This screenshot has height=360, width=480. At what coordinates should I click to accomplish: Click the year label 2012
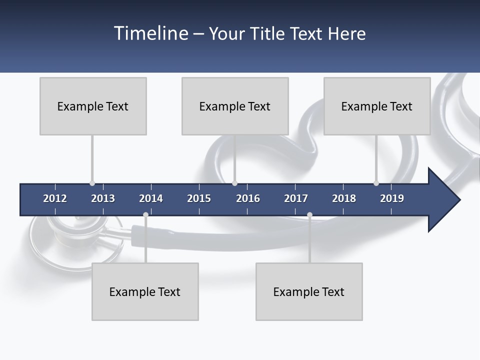(x=55, y=198)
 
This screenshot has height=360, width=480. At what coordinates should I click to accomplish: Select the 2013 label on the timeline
(x=103, y=198)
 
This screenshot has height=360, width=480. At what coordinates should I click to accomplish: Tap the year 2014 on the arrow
(x=151, y=198)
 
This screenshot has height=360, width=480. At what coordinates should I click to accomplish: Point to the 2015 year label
(x=199, y=198)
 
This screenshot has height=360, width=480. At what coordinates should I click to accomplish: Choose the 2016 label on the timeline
(x=248, y=198)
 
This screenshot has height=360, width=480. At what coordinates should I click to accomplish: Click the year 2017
(x=296, y=198)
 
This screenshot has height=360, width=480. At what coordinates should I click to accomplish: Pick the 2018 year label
(x=344, y=198)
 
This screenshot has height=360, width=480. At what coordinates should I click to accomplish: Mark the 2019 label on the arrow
(x=392, y=198)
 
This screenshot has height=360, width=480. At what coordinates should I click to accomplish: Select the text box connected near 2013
(x=93, y=106)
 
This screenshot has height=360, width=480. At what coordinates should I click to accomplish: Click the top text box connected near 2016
(x=235, y=106)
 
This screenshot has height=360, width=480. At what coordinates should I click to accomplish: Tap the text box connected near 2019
(x=377, y=106)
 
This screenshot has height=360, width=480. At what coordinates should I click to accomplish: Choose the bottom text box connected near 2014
(x=145, y=291)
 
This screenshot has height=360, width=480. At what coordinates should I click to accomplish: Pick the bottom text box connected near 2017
(x=309, y=291)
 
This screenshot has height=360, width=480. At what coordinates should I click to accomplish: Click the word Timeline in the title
(x=150, y=33)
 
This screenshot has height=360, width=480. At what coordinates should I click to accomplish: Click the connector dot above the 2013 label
(x=92, y=183)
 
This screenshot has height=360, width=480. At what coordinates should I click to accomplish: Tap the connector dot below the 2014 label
(x=145, y=215)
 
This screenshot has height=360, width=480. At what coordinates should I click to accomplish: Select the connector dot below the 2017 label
(x=309, y=215)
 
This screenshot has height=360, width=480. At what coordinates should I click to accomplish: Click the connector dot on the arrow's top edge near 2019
(x=376, y=183)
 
